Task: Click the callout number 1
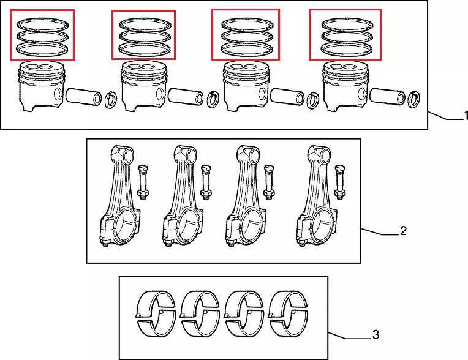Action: [465, 116]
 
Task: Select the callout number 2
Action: [402, 231]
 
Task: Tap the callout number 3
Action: [376, 335]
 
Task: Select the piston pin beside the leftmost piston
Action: [82, 96]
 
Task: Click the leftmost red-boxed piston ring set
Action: [42, 36]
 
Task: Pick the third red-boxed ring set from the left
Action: [244, 36]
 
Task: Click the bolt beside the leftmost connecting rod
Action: [143, 182]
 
